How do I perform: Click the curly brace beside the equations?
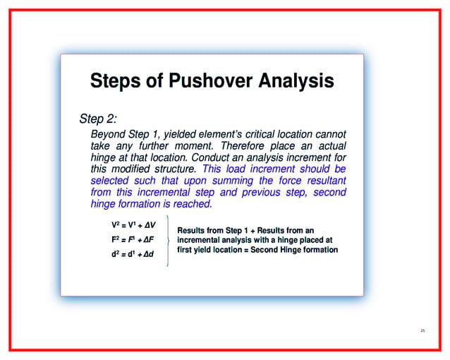click(x=166, y=241)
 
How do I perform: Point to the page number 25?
click(x=422, y=330)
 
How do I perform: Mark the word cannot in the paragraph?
click(x=329, y=134)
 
